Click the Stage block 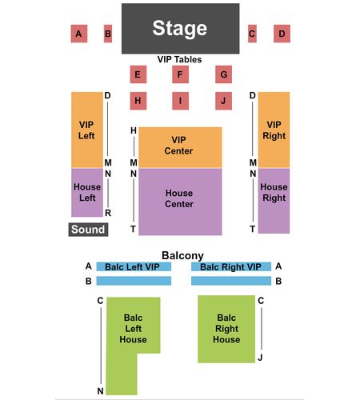coord(180,29)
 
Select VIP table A coord(79,34)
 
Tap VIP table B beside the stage coord(108,34)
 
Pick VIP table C coord(252,34)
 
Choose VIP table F coord(180,74)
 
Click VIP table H coord(138,101)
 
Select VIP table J coord(223,101)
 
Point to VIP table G coord(223,74)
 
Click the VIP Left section coord(87,130)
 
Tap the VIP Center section coord(180,148)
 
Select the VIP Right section coord(274,130)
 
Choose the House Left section coord(87,193)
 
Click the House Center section coord(180,202)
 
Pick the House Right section coord(274,201)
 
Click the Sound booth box coord(88,230)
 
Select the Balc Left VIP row coord(134,266)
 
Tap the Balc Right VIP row coord(231,266)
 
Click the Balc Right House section coord(226,329)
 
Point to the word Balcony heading coord(182,256)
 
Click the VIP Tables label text coord(179,59)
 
